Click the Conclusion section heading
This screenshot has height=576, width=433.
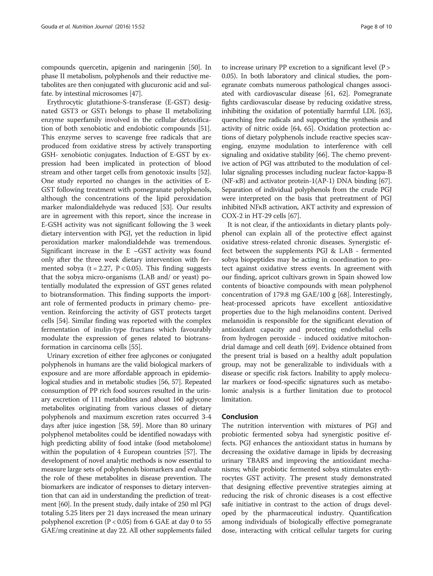pos(240,417)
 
